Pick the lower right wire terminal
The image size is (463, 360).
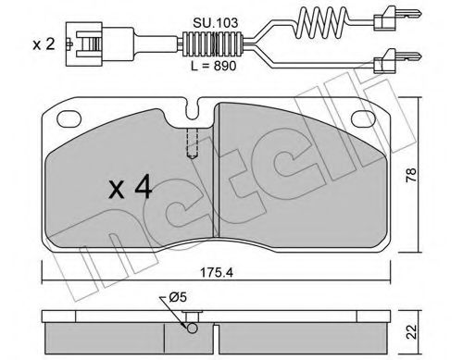coord(382,64)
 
